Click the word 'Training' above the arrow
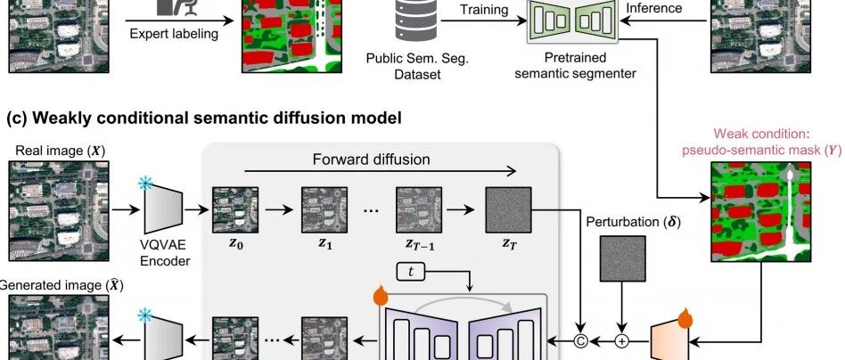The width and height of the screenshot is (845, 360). (484, 11)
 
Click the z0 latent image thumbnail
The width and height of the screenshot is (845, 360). (235, 210)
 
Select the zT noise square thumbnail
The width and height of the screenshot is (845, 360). (507, 210)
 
